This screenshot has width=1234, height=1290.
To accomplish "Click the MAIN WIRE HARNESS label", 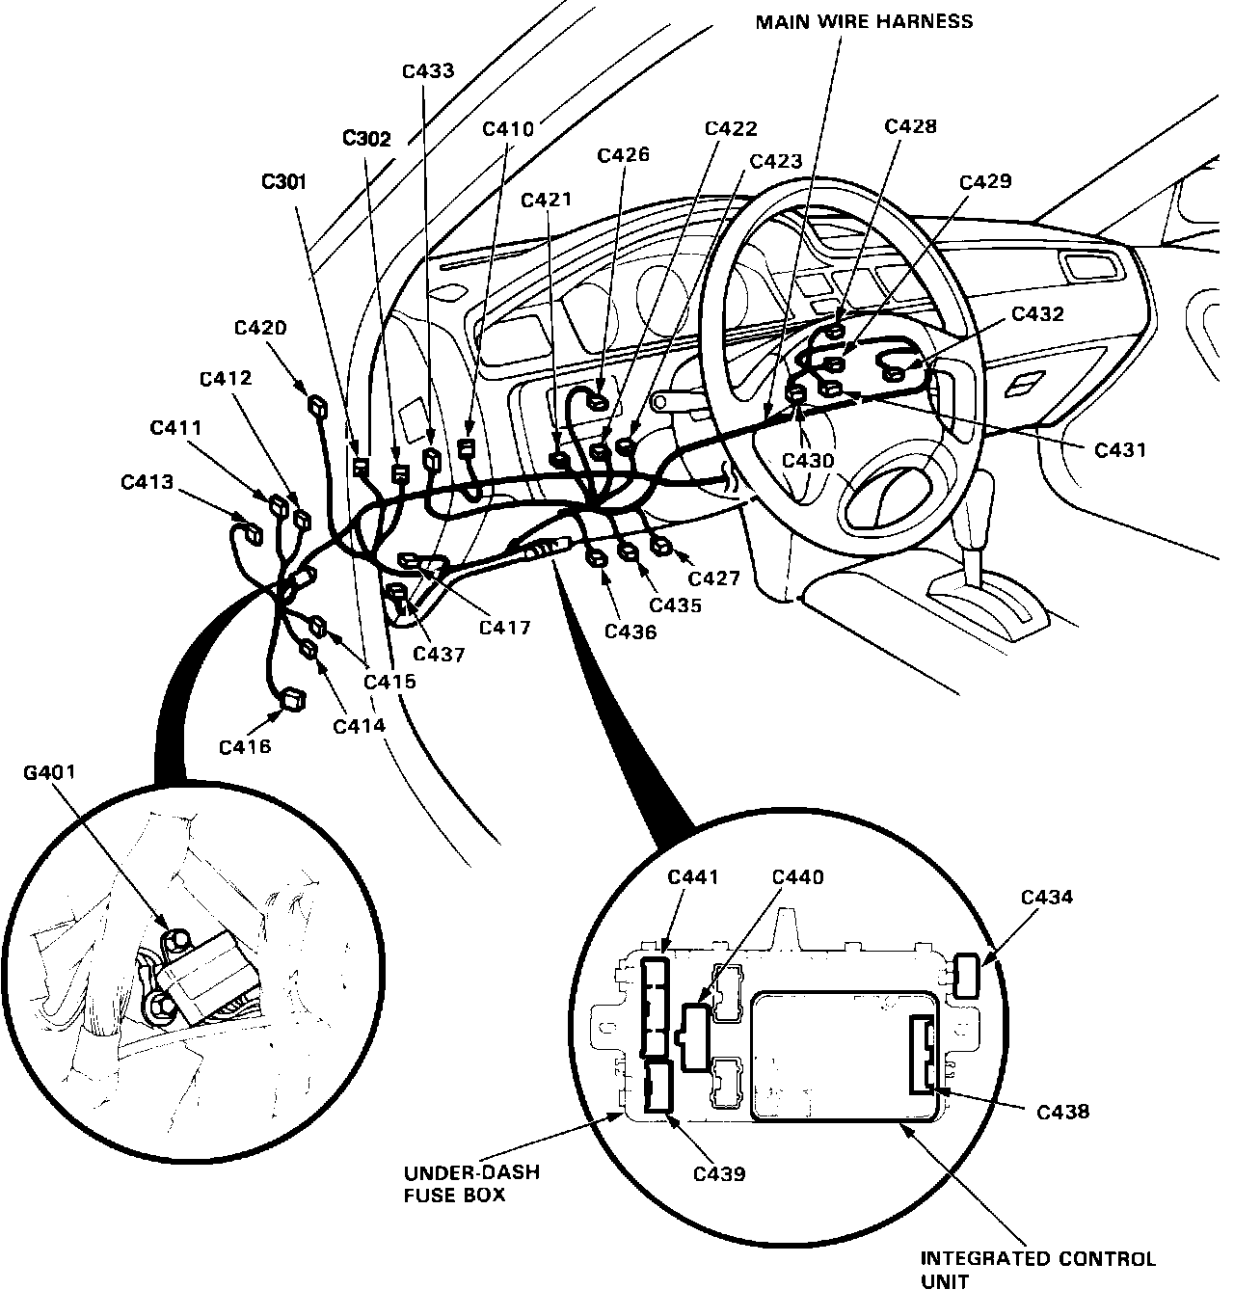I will click(864, 21).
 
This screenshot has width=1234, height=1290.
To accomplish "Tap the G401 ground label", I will click(49, 772).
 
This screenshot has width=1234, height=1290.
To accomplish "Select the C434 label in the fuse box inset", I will click(1046, 898).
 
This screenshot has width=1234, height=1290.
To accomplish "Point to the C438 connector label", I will click(1062, 1112).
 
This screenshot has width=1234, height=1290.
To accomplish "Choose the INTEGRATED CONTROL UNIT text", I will click(1037, 1270).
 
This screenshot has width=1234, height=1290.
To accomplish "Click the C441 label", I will click(693, 877).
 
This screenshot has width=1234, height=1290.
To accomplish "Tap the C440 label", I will click(797, 877).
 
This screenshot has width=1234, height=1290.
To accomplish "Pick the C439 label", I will click(719, 1173).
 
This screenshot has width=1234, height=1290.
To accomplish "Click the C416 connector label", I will click(244, 745).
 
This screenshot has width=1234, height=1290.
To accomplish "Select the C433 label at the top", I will click(428, 71).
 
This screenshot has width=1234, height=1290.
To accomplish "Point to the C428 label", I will click(910, 126).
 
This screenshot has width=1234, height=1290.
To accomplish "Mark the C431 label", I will click(1120, 448).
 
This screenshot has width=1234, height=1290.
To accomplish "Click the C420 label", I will click(260, 328).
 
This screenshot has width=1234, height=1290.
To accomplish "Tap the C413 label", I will click(148, 482).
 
